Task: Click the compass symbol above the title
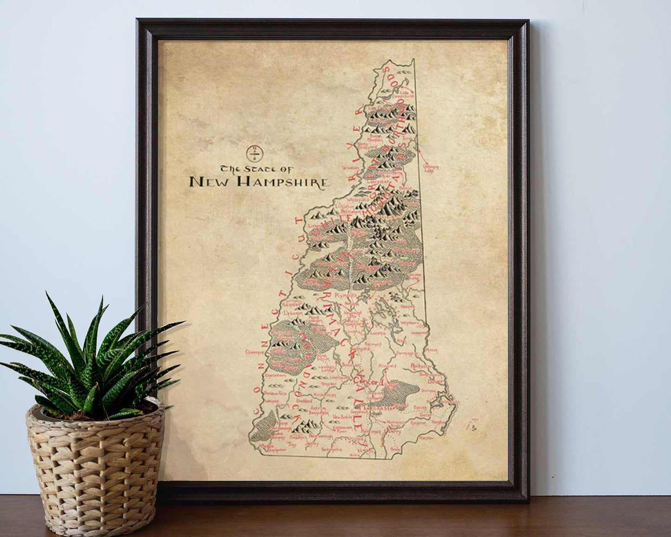[x=254, y=152]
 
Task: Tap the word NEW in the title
[x=210, y=182]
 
